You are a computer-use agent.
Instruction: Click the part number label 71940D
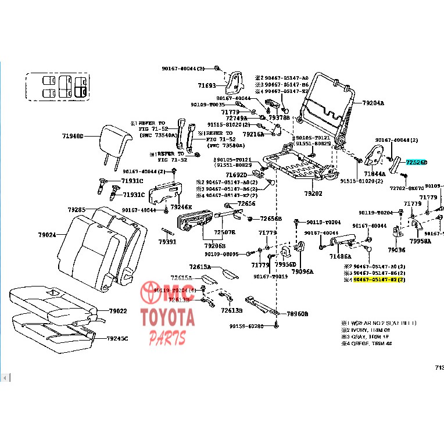tap(73, 137)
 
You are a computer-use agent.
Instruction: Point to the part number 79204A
tap(373, 103)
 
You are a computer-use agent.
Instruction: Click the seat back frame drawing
tap(325, 105)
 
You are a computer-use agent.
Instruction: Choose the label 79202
tap(313, 194)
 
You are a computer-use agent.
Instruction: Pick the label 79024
tap(47, 235)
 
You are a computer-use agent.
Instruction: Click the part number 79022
tap(117, 311)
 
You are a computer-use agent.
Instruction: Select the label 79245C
tap(117, 338)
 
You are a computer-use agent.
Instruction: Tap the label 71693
tap(206, 85)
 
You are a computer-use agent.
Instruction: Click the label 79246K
tap(181, 206)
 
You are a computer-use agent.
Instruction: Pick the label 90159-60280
tap(246, 326)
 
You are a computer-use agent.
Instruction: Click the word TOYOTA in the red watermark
tap(167, 318)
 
